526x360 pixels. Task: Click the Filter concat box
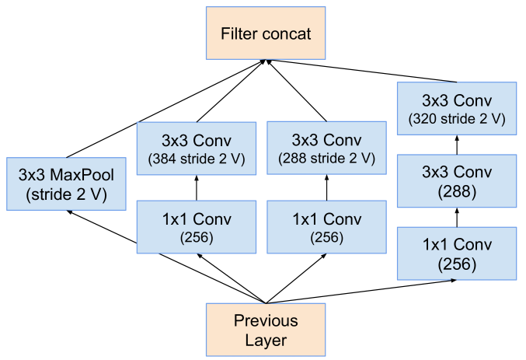(266, 34)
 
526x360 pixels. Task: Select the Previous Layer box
(266, 330)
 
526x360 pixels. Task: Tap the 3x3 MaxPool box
(65, 184)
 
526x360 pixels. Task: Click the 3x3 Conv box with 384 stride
(196, 148)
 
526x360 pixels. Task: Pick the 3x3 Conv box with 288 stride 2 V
(326, 148)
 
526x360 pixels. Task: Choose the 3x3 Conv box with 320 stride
(457, 109)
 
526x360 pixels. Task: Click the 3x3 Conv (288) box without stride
(457, 180)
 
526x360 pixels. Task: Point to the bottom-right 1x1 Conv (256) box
(457, 253)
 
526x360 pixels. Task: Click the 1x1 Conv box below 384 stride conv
(196, 226)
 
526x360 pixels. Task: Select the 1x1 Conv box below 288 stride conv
(326, 226)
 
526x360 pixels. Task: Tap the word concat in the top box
(287, 34)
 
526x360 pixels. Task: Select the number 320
(426, 120)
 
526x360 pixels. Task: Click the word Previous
(266, 320)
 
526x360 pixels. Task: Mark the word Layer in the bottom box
(266, 340)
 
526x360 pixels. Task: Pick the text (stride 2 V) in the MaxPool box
(65, 194)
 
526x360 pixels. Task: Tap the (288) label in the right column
(457, 190)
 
